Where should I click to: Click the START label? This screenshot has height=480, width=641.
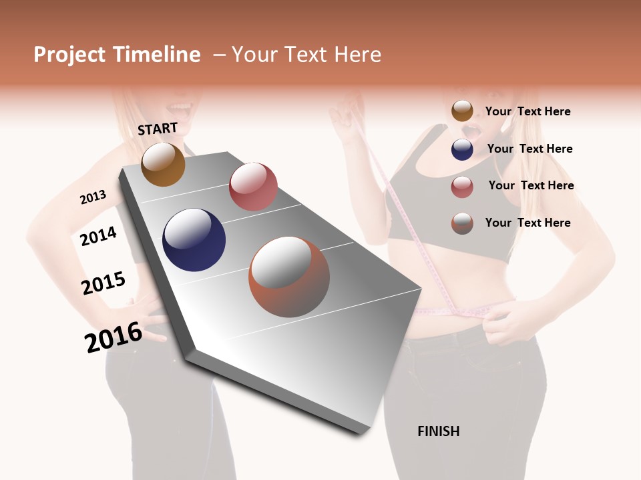(158, 129)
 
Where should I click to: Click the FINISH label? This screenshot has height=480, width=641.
(438, 431)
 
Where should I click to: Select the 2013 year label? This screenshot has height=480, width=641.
(93, 197)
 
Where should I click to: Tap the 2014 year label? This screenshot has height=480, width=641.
(98, 236)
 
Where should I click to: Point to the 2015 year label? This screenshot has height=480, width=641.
(103, 283)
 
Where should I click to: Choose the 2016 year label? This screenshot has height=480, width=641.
(114, 337)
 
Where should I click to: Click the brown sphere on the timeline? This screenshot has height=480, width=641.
(163, 164)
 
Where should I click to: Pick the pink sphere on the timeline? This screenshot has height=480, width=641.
(253, 187)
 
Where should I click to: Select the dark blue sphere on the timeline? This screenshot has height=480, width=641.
(194, 240)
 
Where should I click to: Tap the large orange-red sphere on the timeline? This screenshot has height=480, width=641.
(289, 277)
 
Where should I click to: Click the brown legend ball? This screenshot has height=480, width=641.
(462, 111)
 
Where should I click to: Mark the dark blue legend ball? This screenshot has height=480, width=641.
(462, 149)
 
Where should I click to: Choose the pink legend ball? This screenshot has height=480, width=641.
(462, 187)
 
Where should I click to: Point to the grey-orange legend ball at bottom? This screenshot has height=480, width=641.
(462, 223)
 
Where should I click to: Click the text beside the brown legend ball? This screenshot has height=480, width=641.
(527, 112)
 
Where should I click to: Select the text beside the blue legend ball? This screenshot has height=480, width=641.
(529, 149)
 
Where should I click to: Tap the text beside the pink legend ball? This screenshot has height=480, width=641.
(531, 185)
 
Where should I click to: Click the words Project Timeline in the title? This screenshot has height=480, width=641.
(117, 55)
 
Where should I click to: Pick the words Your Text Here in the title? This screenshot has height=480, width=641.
(306, 55)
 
